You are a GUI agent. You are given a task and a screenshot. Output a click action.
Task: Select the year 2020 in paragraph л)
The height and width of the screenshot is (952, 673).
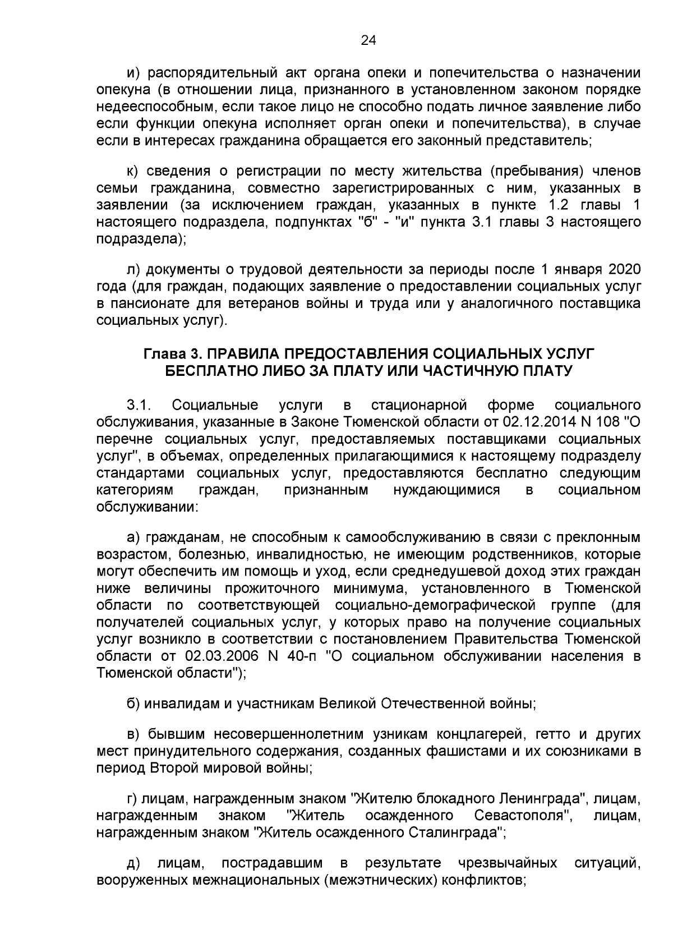(624, 269)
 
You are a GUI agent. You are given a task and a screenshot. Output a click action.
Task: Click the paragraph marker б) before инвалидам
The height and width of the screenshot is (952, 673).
(133, 703)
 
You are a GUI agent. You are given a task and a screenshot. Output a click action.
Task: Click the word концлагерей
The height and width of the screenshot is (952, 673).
(485, 734)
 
